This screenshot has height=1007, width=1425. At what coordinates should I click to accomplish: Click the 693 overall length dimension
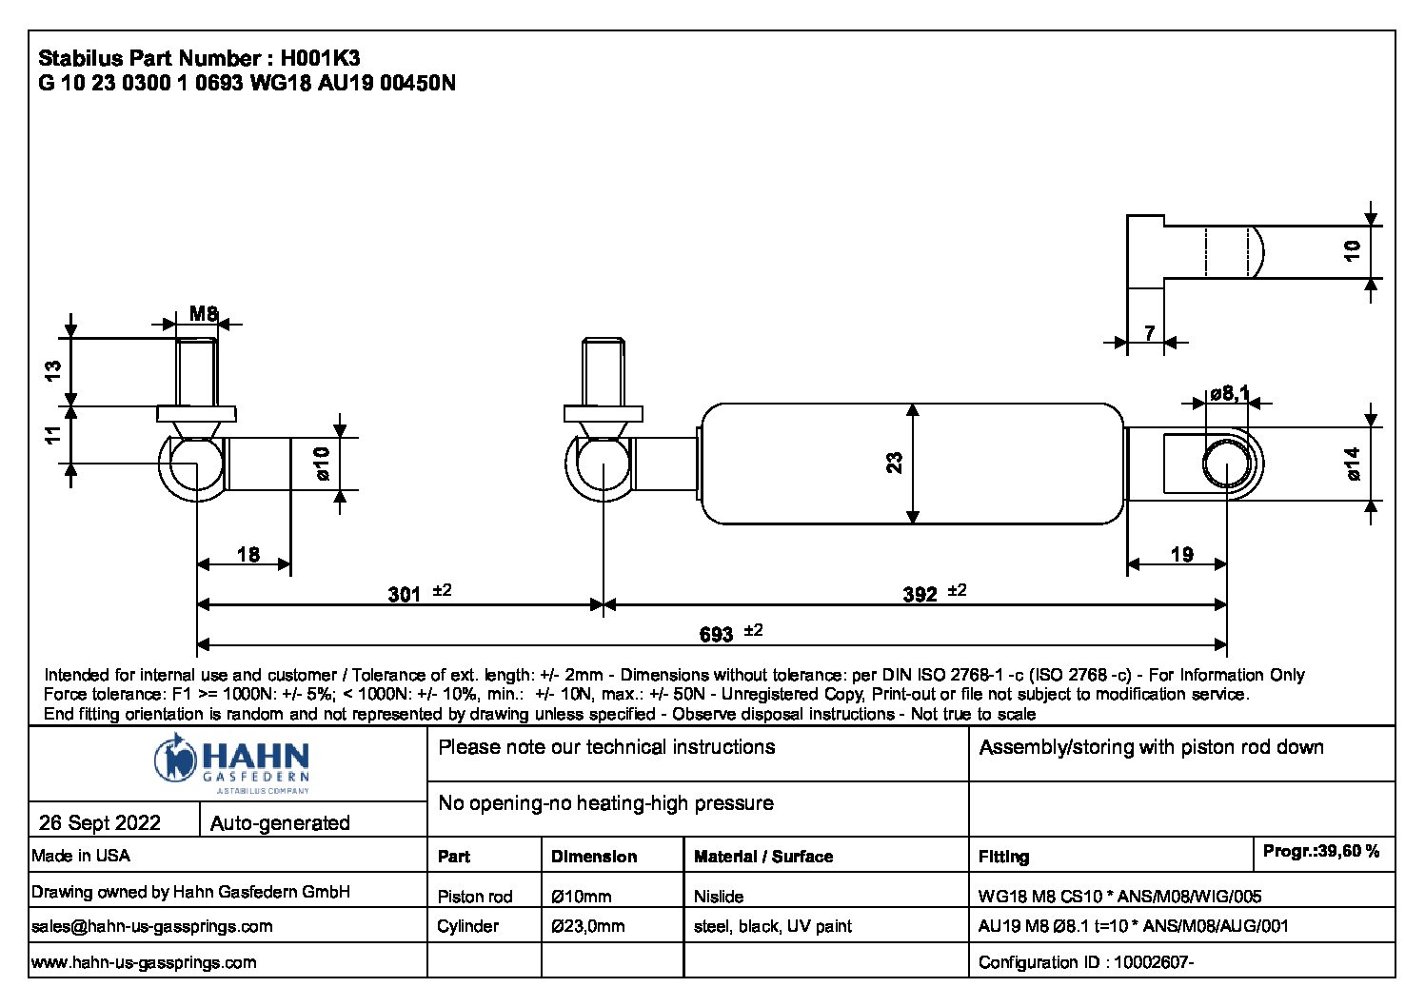pyautogui.click(x=716, y=634)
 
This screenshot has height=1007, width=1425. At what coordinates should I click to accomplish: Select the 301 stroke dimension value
pyautogui.click(x=404, y=595)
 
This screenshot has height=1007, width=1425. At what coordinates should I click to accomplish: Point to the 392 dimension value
pyautogui.click(x=920, y=595)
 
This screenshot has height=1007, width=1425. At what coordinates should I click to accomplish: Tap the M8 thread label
pyautogui.click(x=203, y=313)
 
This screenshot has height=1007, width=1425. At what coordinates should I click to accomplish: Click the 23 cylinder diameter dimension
pyautogui.click(x=895, y=464)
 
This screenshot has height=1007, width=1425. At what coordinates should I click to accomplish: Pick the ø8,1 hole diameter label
pyautogui.click(x=1229, y=393)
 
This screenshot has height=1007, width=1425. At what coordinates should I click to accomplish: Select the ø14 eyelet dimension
pyautogui.click(x=1354, y=464)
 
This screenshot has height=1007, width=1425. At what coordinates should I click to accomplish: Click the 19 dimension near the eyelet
pyautogui.click(x=1181, y=554)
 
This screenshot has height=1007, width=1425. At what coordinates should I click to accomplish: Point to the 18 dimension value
pyautogui.click(x=247, y=554)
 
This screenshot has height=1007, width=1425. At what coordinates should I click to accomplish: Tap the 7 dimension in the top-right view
pyautogui.click(x=1149, y=333)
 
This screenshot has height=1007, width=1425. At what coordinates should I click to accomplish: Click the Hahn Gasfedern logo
pyautogui.click(x=231, y=761)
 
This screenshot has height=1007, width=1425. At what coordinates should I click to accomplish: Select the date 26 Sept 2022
pyautogui.click(x=100, y=822)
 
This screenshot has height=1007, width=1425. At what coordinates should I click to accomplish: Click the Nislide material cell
pyautogui.click(x=719, y=897)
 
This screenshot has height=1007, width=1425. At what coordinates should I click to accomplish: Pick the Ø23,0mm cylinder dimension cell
pyautogui.click(x=587, y=926)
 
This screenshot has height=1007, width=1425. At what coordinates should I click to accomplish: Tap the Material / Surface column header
pyautogui.click(x=762, y=857)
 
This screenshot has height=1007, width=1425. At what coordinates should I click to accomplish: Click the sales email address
pyautogui.click(x=152, y=926)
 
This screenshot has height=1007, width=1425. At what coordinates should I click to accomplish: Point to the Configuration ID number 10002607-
pyautogui.click(x=1153, y=962)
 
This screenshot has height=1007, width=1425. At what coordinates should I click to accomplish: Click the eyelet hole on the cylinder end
pyautogui.click(x=1227, y=464)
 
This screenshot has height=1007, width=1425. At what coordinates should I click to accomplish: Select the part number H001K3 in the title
pyautogui.click(x=320, y=58)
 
